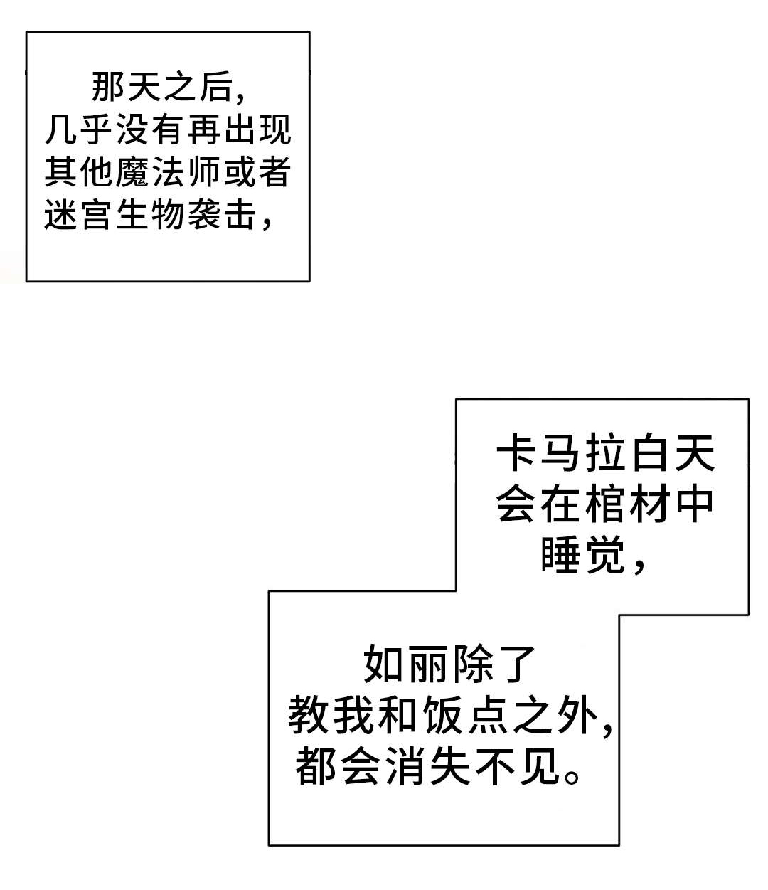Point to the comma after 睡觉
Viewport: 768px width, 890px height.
pos(638,566)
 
